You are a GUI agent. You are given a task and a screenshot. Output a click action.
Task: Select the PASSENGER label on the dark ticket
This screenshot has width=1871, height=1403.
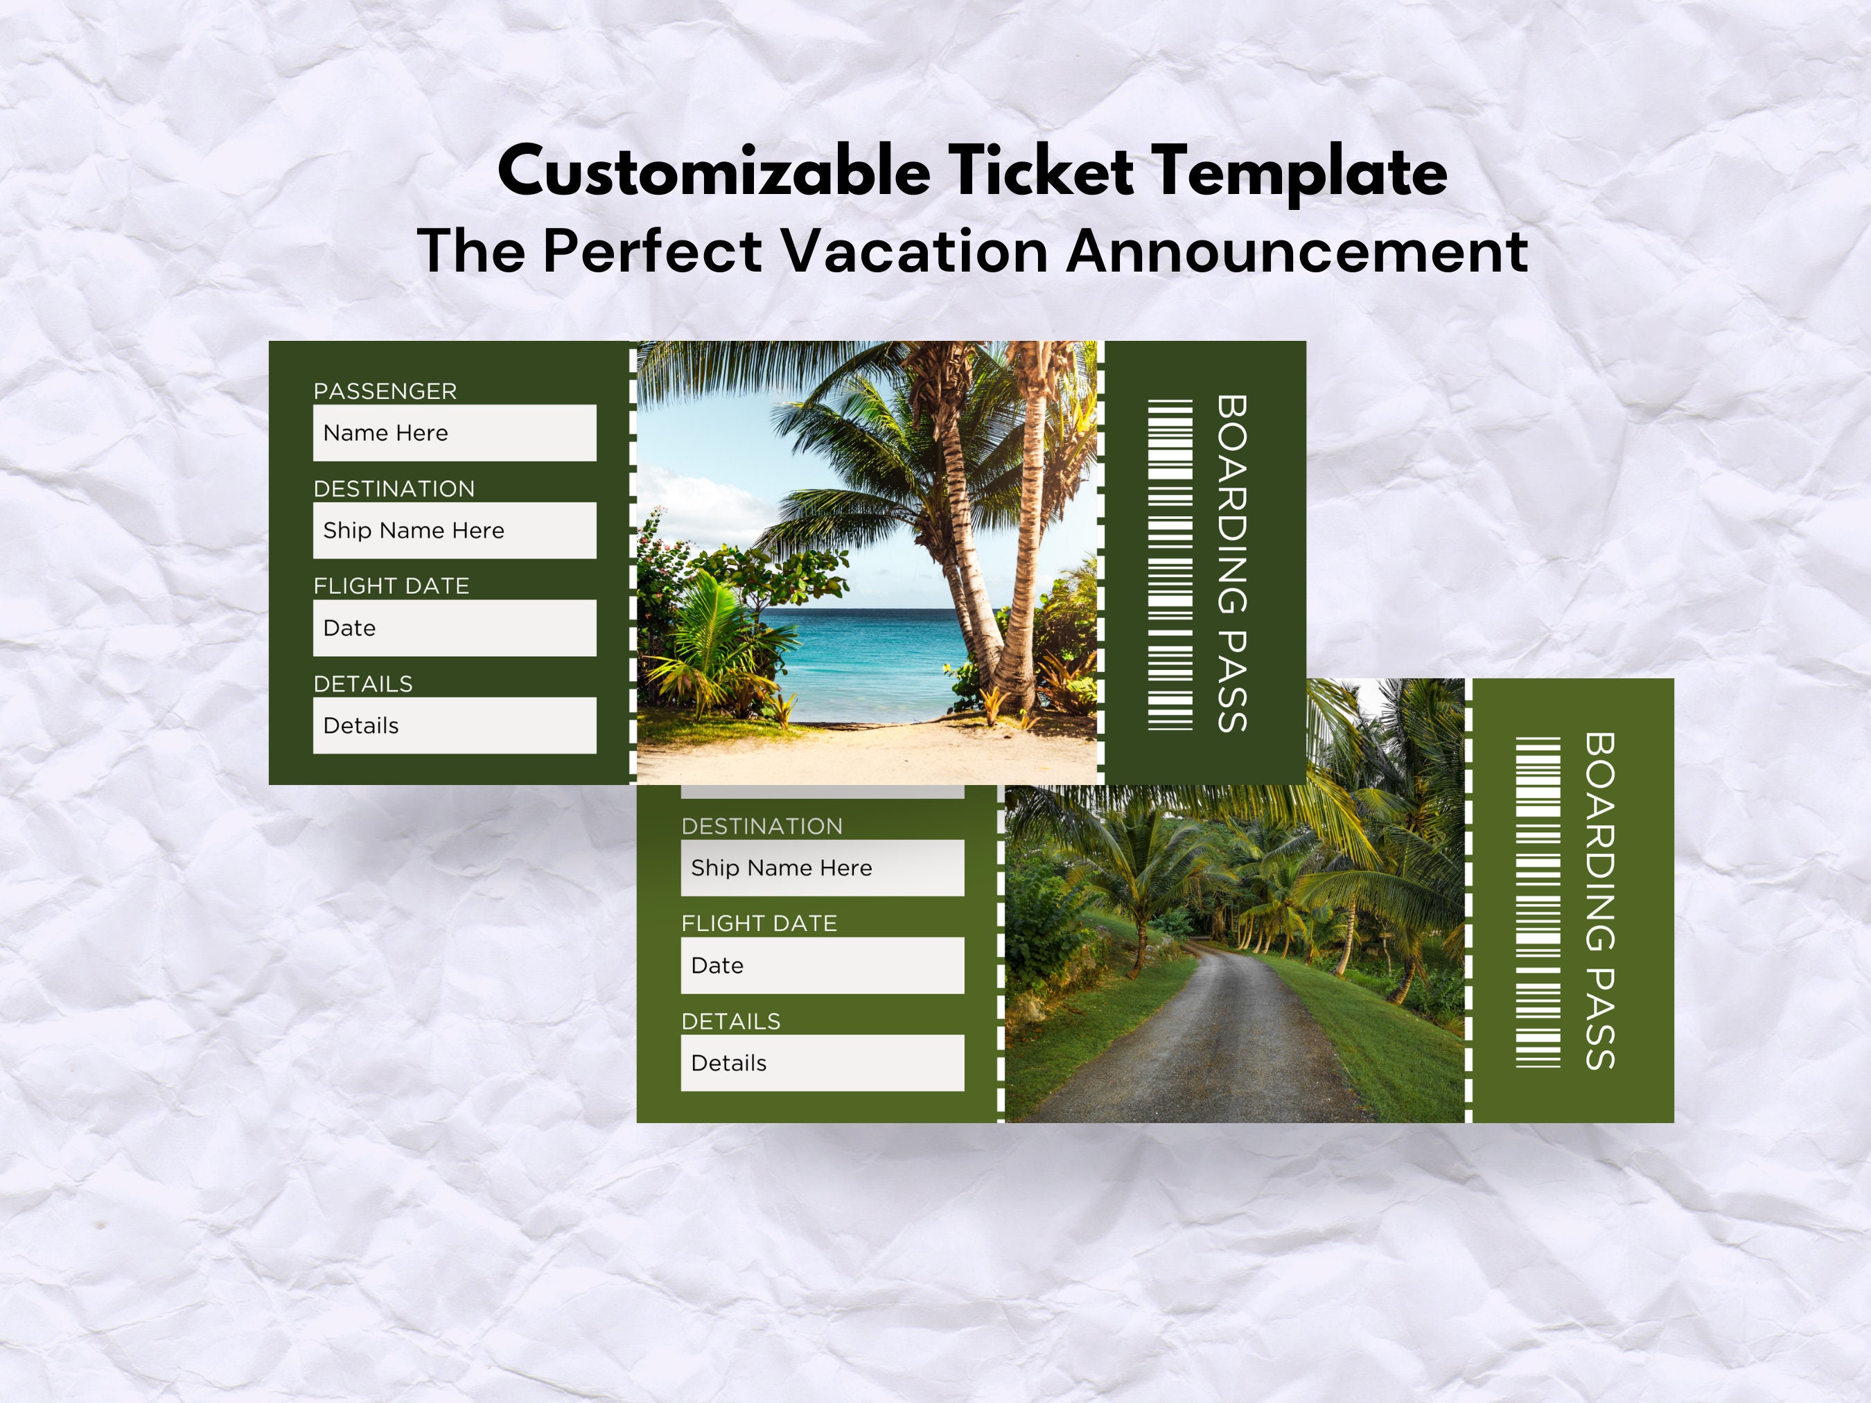(385, 391)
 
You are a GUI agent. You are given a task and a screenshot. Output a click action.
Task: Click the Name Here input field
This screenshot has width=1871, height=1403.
(454, 433)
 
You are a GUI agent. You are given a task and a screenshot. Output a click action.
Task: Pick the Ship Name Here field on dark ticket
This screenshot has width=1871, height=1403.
(454, 530)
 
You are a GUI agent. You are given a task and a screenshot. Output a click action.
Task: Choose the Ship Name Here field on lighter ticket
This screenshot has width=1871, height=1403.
(822, 867)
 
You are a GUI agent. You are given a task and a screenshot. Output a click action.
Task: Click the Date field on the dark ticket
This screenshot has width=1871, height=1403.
(454, 628)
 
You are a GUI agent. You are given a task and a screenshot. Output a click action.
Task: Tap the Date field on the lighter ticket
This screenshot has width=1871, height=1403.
(822, 965)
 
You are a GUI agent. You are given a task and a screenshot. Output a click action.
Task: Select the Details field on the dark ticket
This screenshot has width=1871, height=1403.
(454, 725)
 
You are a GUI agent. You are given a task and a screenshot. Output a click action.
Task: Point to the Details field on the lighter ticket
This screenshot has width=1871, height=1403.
(822, 1063)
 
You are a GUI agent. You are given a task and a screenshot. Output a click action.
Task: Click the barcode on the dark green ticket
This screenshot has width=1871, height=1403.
(1170, 565)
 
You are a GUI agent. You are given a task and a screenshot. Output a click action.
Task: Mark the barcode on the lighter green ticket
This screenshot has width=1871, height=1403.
(1538, 902)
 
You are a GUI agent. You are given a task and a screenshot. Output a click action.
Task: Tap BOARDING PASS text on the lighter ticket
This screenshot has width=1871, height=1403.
(1599, 901)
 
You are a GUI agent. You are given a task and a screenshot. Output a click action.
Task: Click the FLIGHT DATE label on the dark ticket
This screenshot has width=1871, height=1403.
(391, 586)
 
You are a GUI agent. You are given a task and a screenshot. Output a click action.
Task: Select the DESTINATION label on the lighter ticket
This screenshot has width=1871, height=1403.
(762, 827)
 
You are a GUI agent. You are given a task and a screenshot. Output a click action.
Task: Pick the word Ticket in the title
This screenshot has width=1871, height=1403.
(1039, 172)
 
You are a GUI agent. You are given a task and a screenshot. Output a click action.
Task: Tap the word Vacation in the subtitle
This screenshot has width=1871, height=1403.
(914, 252)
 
